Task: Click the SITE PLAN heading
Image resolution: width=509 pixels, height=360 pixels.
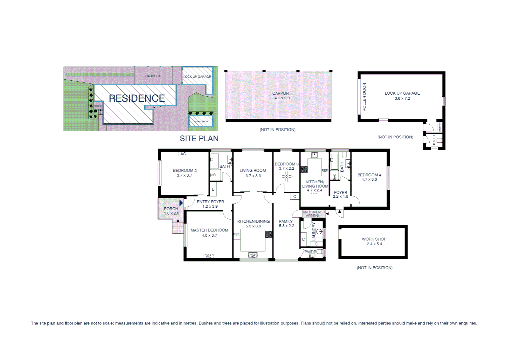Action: [x=199, y=139]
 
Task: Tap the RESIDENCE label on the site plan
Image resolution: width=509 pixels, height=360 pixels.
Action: [x=137, y=98]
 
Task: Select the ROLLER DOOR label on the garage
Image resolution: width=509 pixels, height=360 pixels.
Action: [x=364, y=97]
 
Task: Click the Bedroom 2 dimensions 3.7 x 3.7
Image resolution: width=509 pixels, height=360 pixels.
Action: [x=184, y=175]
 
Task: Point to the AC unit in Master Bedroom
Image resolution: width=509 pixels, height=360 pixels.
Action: [x=208, y=256]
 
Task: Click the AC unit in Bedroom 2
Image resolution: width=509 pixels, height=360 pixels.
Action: [x=183, y=154]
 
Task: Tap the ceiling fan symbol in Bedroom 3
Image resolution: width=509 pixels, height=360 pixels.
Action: [x=286, y=177]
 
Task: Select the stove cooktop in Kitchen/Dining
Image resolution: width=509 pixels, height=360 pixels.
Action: [x=268, y=234]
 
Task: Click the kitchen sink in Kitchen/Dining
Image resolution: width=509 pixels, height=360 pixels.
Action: [x=253, y=255]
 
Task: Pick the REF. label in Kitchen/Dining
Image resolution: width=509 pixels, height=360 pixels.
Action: [x=237, y=234]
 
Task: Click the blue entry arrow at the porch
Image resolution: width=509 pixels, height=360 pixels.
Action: [x=181, y=203]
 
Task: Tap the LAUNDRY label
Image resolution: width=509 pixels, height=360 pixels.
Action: [x=313, y=231]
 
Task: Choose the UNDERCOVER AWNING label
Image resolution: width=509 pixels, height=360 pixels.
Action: [x=313, y=214]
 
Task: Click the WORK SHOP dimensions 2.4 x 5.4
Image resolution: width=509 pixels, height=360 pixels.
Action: [x=374, y=244]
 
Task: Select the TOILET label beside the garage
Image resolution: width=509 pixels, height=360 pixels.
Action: [x=434, y=140]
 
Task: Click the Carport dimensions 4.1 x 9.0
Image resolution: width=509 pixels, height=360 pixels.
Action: [x=282, y=98]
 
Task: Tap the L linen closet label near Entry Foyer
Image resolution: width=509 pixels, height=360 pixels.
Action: [x=213, y=190]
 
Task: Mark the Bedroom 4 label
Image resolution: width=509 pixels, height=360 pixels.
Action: [x=369, y=175]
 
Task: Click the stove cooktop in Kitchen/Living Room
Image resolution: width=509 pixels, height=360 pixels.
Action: [x=304, y=169]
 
